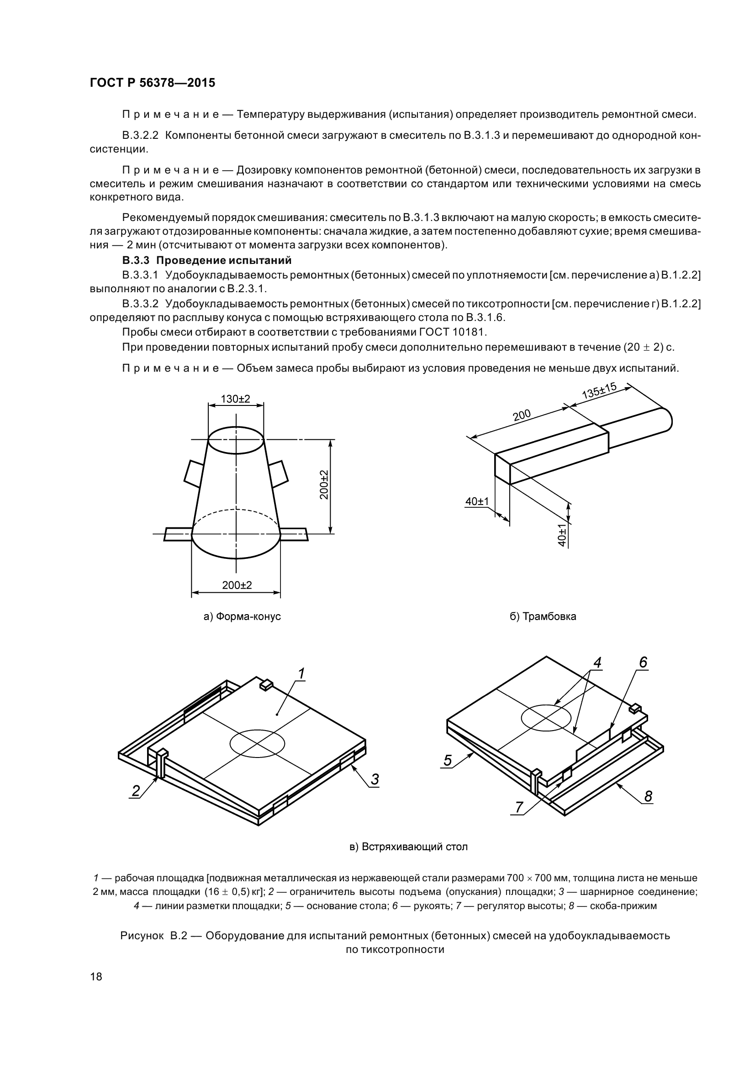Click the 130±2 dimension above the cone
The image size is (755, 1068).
[x=235, y=399]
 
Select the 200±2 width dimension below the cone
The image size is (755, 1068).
[x=237, y=585]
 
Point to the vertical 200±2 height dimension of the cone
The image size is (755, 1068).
[x=324, y=485]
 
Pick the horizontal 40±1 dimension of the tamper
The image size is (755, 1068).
[x=477, y=501]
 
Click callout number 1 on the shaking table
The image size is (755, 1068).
[x=301, y=673]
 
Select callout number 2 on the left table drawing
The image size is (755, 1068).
[x=136, y=790]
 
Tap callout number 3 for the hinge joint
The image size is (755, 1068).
[x=375, y=779]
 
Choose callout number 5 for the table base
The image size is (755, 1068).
[x=447, y=761]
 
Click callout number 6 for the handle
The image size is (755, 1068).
[x=643, y=662]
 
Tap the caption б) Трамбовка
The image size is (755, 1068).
[x=543, y=617]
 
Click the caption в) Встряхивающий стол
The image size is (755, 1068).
[x=408, y=847]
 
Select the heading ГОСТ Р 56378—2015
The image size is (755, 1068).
[x=152, y=83]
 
